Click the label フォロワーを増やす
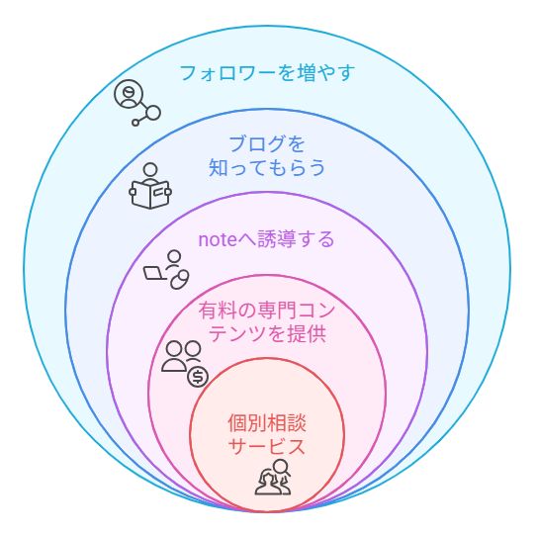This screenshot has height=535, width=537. tap(267, 73)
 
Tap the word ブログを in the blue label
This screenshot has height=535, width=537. tap(267, 143)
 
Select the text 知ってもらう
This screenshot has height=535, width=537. tap(267, 167)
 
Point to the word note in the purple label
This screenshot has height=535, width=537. tap(218, 239)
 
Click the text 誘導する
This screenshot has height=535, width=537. tap(296, 238)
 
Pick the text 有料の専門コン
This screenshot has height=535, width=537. tap(266, 311)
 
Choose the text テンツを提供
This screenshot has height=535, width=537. tap(267, 333)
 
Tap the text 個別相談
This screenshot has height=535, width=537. tap(267, 423)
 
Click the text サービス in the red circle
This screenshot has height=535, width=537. tap(267, 446)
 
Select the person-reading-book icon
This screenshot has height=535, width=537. tap(150, 186)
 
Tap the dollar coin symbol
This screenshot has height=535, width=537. tap(198, 377)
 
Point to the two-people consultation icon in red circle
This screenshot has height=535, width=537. tap(273, 477)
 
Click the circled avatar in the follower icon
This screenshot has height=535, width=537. tap(129, 94)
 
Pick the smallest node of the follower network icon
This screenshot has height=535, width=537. tap(135, 123)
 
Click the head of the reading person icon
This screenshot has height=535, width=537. tap(150, 170)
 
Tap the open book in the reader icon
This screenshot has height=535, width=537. tap(150, 195)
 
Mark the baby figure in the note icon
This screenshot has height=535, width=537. tap(180, 280)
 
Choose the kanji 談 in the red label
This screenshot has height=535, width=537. tap(297, 423)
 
